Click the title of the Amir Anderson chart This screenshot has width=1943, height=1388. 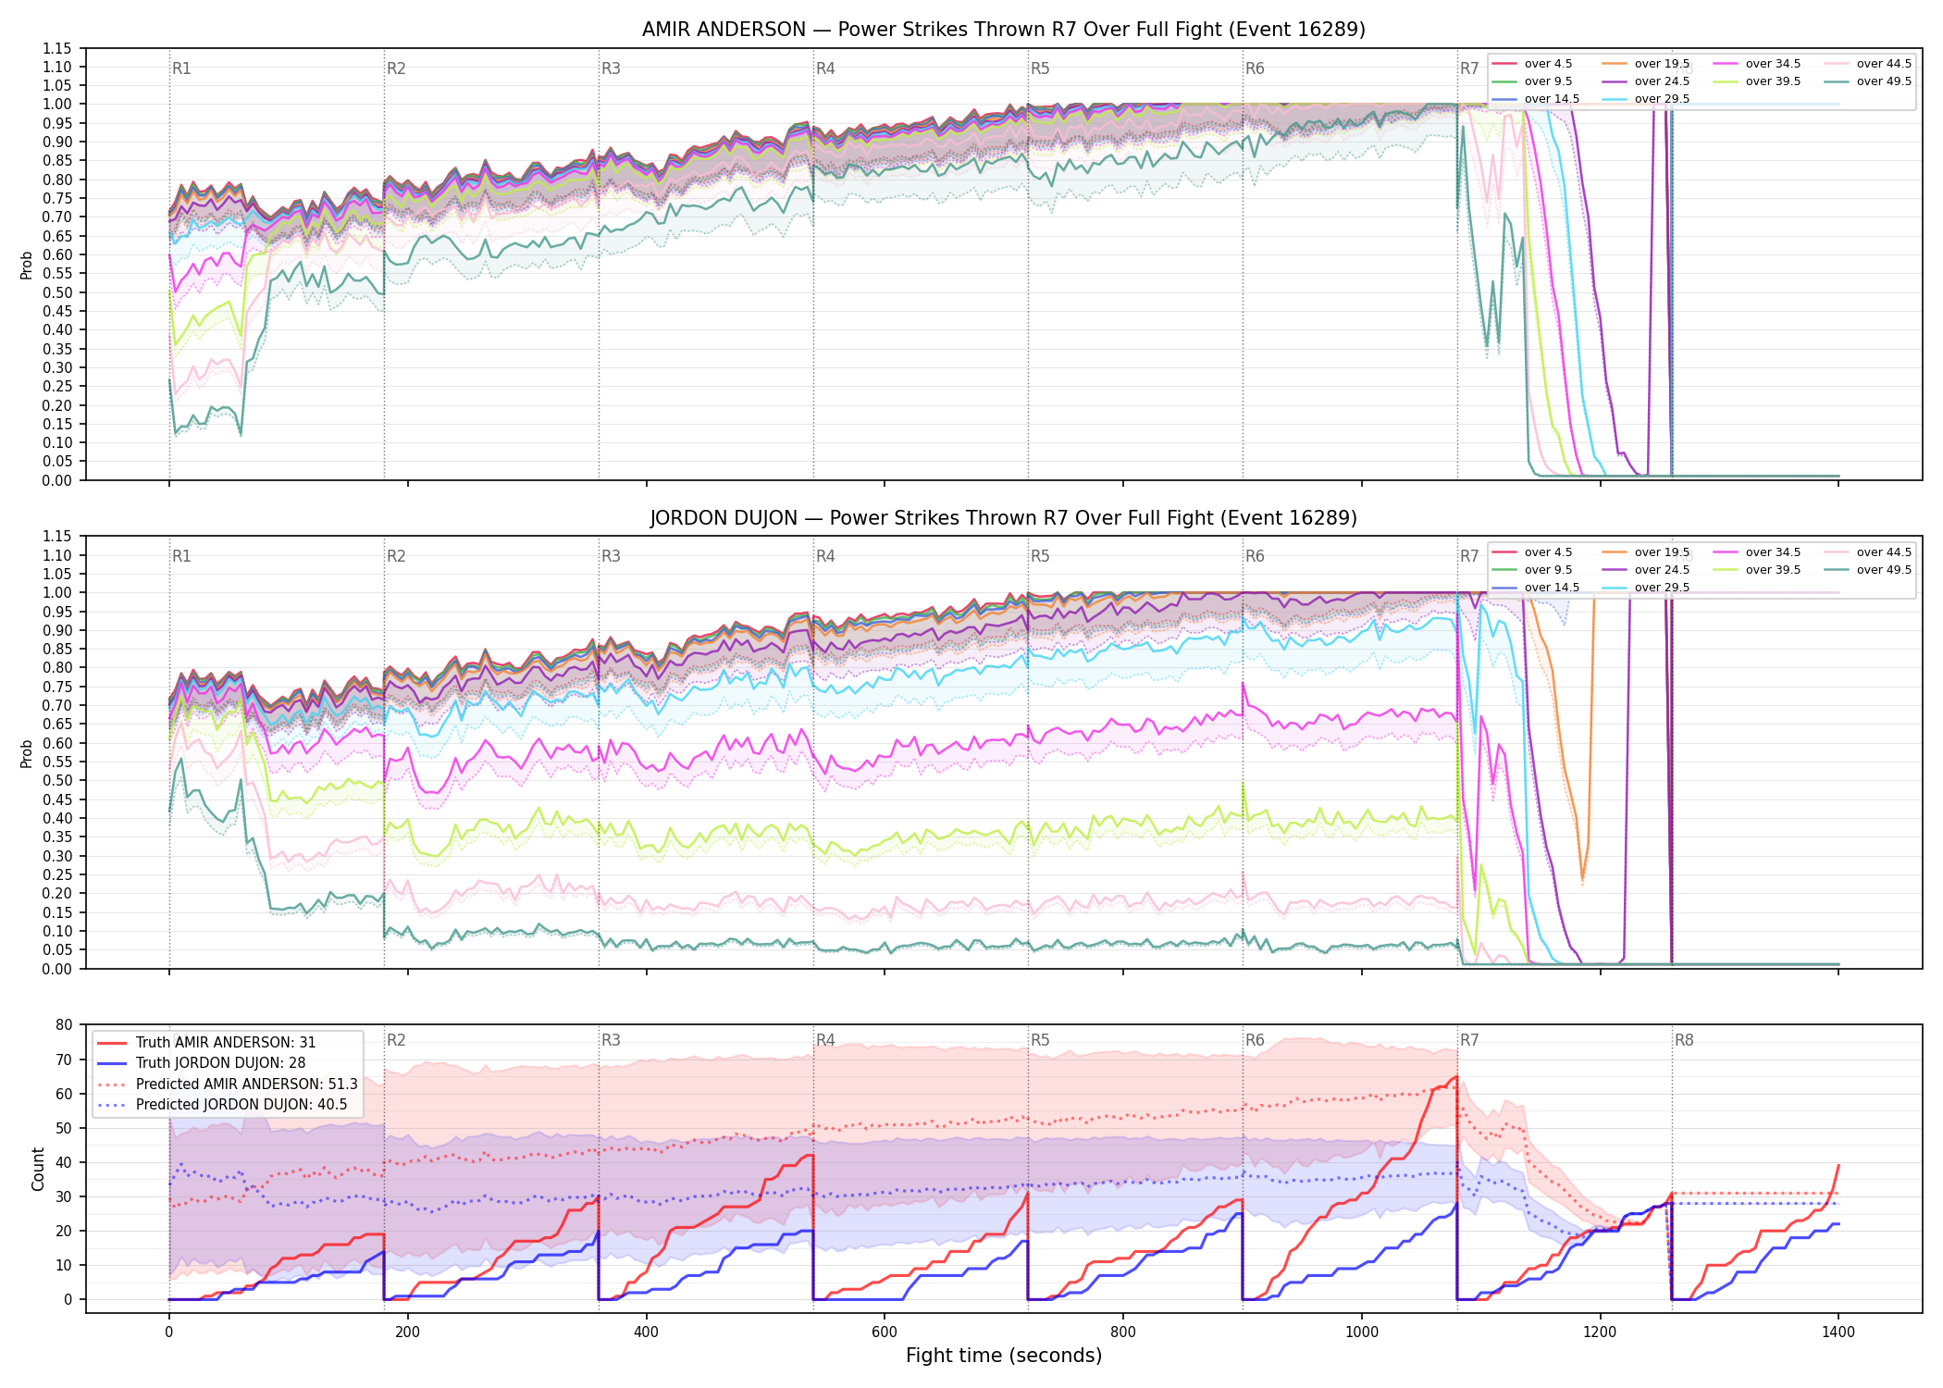click(1004, 30)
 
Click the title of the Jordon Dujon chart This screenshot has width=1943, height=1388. click(1004, 518)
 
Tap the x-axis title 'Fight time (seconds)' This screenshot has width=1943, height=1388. click(1004, 1356)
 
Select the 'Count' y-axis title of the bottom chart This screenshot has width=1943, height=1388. click(38, 1169)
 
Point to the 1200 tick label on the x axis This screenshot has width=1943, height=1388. click(1600, 1332)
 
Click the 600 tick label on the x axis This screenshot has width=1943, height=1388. click(885, 1332)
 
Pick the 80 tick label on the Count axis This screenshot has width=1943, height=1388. click(64, 1025)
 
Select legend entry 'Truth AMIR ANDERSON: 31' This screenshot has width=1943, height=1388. click(226, 1043)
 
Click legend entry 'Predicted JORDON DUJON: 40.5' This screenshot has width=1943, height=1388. click(241, 1105)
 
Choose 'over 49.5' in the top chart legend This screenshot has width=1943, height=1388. click(1884, 81)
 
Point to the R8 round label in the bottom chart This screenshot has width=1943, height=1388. click(1684, 1040)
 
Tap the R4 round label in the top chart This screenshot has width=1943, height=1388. click(825, 68)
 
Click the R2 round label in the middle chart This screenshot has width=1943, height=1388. click(396, 556)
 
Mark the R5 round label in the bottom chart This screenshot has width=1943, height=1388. click(1040, 1040)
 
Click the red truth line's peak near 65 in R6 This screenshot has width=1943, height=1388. click(1456, 1076)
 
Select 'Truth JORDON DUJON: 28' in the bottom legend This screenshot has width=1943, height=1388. click(220, 1063)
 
